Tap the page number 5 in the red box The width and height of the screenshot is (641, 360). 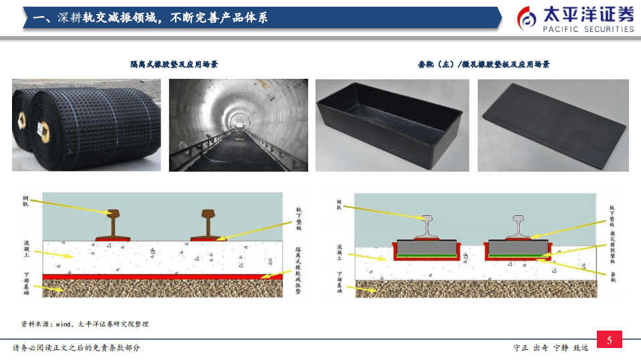609,341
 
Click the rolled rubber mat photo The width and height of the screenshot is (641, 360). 86,125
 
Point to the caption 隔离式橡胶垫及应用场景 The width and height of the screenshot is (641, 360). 174,64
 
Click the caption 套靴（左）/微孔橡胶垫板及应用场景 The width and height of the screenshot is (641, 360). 483,64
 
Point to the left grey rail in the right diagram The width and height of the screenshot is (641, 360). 427,226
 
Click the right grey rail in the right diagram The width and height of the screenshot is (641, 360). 520,226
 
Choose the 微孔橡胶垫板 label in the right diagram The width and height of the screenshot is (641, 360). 612,245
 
